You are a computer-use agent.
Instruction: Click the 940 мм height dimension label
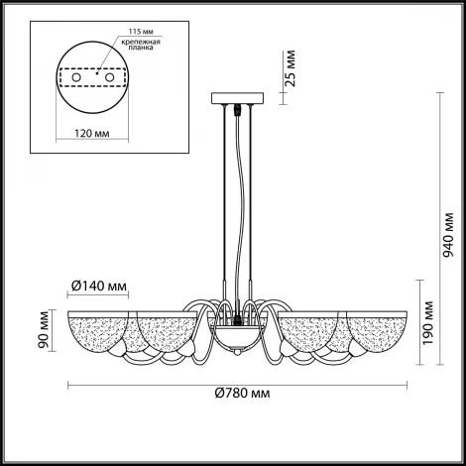(448, 235)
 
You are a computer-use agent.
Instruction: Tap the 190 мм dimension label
(428, 322)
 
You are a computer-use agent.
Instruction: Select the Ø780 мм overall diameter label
(242, 393)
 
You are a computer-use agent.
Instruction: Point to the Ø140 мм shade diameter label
(99, 286)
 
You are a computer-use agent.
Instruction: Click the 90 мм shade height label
(44, 329)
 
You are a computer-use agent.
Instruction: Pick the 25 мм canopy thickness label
(290, 68)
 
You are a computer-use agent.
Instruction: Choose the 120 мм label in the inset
(92, 134)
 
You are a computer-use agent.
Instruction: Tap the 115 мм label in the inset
(141, 32)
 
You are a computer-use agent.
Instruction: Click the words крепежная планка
(141, 45)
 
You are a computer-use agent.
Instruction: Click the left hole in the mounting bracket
(76, 78)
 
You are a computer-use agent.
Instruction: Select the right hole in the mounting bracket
(109, 78)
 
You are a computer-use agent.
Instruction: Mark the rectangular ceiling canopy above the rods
(237, 98)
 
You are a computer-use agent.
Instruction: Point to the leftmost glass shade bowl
(98, 331)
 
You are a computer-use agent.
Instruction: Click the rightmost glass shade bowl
(377, 331)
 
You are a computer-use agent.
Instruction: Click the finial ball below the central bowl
(237, 353)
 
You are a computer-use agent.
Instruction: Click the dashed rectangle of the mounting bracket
(92, 78)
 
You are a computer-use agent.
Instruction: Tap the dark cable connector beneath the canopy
(237, 110)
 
